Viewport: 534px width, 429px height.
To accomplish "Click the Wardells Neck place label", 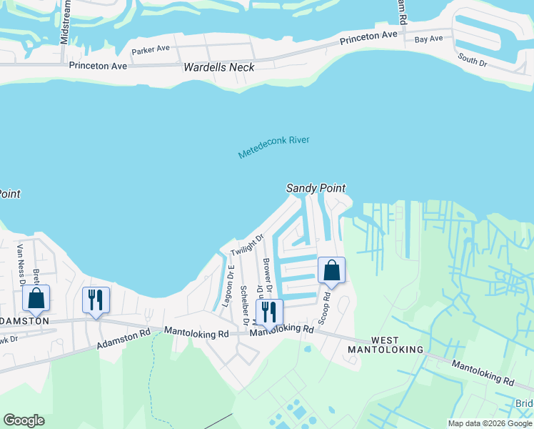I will [x=219, y=68].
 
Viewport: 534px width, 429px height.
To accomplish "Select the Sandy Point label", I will [x=316, y=188].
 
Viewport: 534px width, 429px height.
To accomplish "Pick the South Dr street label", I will [x=473, y=59].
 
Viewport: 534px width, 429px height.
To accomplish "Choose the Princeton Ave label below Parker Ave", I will [x=98, y=66].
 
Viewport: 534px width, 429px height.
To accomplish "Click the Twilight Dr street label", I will [x=248, y=245].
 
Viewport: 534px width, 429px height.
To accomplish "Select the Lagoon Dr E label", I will [x=230, y=285].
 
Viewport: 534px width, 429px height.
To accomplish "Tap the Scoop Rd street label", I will [x=326, y=307].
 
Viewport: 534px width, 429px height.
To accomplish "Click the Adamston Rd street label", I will [x=125, y=338].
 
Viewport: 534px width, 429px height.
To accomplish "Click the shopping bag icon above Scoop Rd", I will [x=331, y=271].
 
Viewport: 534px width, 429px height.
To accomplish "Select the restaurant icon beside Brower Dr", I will [x=269, y=312].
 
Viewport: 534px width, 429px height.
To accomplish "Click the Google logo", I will [x=24, y=420].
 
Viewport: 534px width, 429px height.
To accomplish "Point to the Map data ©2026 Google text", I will [x=490, y=423].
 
